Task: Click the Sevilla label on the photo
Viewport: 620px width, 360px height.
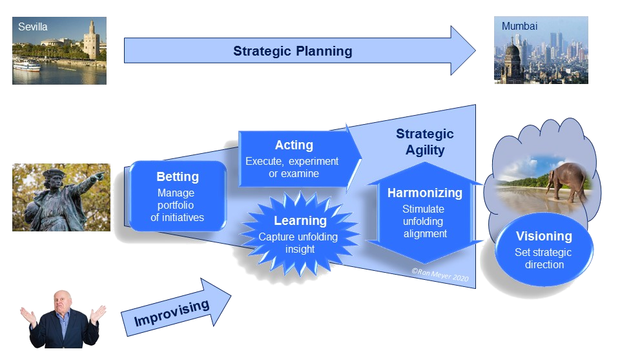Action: point(33,27)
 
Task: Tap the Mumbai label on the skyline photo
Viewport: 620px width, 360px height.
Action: point(519,26)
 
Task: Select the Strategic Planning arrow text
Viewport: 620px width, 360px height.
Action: point(293,51)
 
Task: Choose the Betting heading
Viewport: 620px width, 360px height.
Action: point(178,176)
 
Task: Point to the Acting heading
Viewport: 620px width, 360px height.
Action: point(294,145)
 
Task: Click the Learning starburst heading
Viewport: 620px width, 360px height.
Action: point(300,221)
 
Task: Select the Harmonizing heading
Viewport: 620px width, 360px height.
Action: point(425,193)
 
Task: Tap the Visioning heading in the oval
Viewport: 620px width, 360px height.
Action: point(544,236)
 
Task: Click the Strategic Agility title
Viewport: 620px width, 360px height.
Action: point(424,142)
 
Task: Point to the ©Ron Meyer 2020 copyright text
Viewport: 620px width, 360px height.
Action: point(440,276)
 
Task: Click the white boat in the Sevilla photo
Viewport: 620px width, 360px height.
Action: point(26,65)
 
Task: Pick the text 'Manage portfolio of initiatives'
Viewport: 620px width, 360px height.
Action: point(177,205)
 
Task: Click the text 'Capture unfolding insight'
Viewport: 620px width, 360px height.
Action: point(298,243)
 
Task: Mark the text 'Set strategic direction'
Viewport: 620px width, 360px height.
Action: point(544,259)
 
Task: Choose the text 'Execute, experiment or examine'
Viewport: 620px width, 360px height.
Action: point(292,167)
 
